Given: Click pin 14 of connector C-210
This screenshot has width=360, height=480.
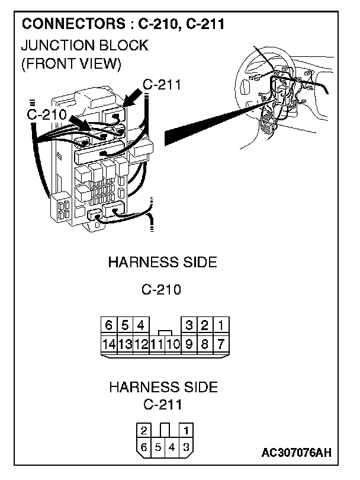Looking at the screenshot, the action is coord(108,343).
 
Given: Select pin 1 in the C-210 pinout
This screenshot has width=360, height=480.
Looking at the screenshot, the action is coord(220,325).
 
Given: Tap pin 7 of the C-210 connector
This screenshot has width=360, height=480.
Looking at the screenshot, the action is coord(220,343).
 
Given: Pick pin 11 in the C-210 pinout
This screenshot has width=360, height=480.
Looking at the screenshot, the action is coord(156,343).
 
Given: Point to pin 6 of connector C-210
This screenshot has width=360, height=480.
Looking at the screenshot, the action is coord(108,325).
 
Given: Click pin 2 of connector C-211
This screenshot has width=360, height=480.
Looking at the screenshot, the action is coord(144,430).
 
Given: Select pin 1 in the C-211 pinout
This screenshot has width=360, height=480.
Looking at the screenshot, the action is coord(187,430).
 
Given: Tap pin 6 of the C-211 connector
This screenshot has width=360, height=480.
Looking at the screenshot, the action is coord(144,447).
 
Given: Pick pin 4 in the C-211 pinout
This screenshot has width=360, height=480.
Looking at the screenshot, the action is coord(172,447).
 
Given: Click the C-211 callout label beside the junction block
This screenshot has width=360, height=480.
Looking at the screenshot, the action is coord(162,85).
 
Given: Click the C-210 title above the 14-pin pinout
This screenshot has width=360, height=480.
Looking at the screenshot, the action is coord(161,290).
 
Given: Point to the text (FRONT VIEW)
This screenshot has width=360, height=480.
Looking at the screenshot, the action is coord(70,63).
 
